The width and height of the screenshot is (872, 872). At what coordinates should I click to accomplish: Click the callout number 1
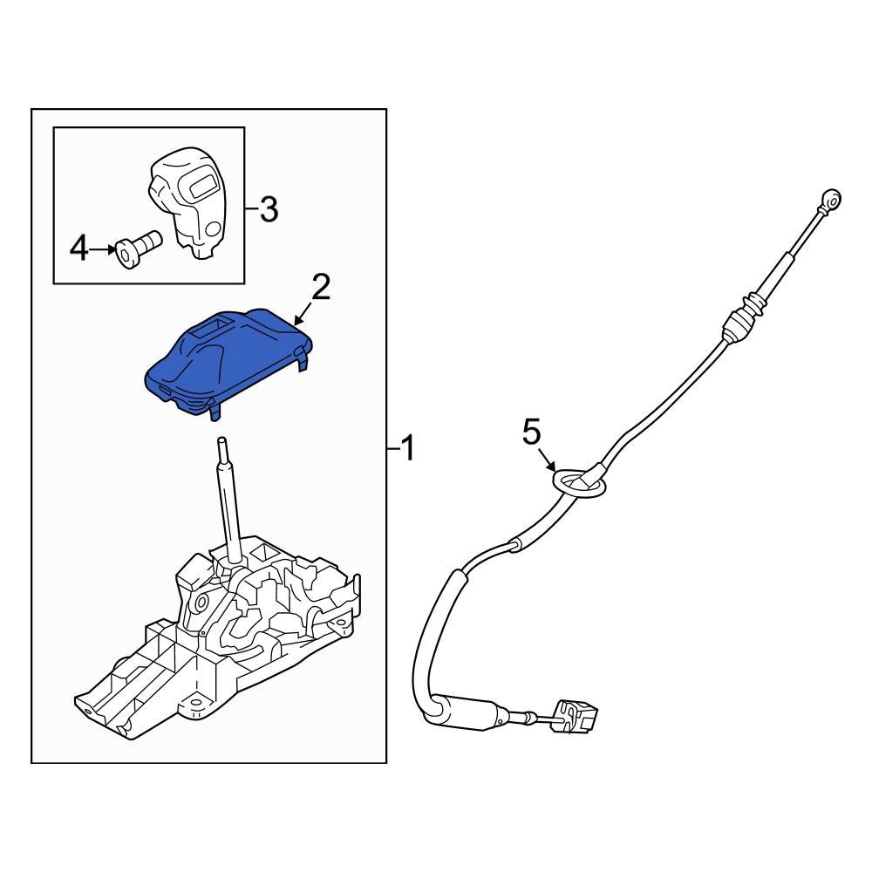point(406,450)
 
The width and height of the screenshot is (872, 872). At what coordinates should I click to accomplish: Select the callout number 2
point(321,286)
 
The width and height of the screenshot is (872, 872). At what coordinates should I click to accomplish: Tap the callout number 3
point(268,208)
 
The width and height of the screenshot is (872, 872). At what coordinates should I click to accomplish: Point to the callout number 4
point(79,250)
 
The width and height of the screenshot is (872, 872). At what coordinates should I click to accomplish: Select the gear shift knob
point(187,201)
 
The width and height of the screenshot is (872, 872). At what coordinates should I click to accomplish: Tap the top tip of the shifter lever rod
point(222,439)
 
